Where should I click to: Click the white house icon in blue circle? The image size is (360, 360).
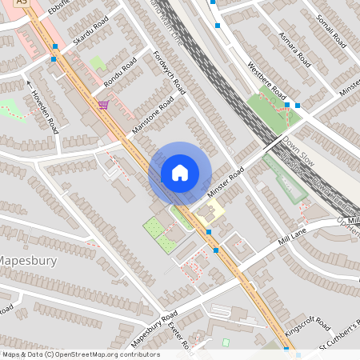[180, 172]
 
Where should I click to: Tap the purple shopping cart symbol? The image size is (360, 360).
[103, 104]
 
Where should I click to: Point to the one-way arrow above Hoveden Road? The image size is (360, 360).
[28, 83]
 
